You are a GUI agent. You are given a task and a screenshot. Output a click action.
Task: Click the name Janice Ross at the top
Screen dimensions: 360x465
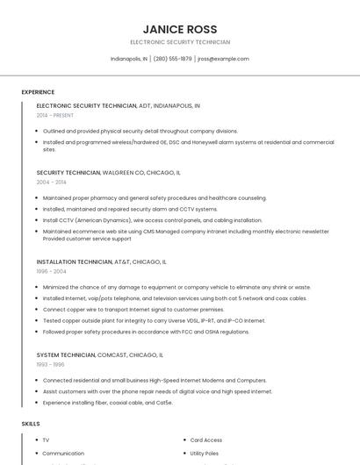pos(180,29)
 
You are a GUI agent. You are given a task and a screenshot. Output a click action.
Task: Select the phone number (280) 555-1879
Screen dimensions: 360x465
pos(172,59)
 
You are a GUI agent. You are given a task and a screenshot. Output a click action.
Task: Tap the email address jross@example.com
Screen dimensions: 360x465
pos(223,59)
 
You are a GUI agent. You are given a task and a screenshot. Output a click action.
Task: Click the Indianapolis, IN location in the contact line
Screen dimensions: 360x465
pos(129,59)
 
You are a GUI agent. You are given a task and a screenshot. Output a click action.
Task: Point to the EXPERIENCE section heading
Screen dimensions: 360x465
pos(38,92)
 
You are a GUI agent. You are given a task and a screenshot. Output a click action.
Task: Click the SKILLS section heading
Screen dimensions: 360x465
pos(31,424)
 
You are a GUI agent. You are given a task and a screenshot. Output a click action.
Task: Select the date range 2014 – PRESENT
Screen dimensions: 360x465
pos(55,115)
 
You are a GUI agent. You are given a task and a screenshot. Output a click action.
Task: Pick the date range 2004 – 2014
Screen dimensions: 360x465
pos(51,182)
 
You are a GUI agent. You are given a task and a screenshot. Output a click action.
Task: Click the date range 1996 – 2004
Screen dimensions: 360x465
pos(51,271)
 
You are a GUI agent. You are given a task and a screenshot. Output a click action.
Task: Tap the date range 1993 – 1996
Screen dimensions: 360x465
pos(50,364)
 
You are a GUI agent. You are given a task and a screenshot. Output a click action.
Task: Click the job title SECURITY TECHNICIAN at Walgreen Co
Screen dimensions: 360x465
pos(68,173)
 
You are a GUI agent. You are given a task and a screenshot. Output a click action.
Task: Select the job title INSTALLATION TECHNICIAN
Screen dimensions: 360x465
pos(75,261)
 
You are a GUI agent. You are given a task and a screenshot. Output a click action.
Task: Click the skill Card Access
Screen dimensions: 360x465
pos(206,440)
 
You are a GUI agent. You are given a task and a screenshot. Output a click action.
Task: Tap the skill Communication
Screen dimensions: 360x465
pos(63,453)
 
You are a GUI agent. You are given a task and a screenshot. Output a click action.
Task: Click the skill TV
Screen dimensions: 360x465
pos(46,440)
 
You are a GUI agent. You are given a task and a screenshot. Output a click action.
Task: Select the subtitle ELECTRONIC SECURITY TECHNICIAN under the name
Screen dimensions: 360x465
pos(180,42)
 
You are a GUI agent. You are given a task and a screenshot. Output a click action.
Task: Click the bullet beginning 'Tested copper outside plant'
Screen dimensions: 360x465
pos(154,320)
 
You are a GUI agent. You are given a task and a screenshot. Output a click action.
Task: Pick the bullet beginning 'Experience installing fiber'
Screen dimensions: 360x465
pos(107,402)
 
